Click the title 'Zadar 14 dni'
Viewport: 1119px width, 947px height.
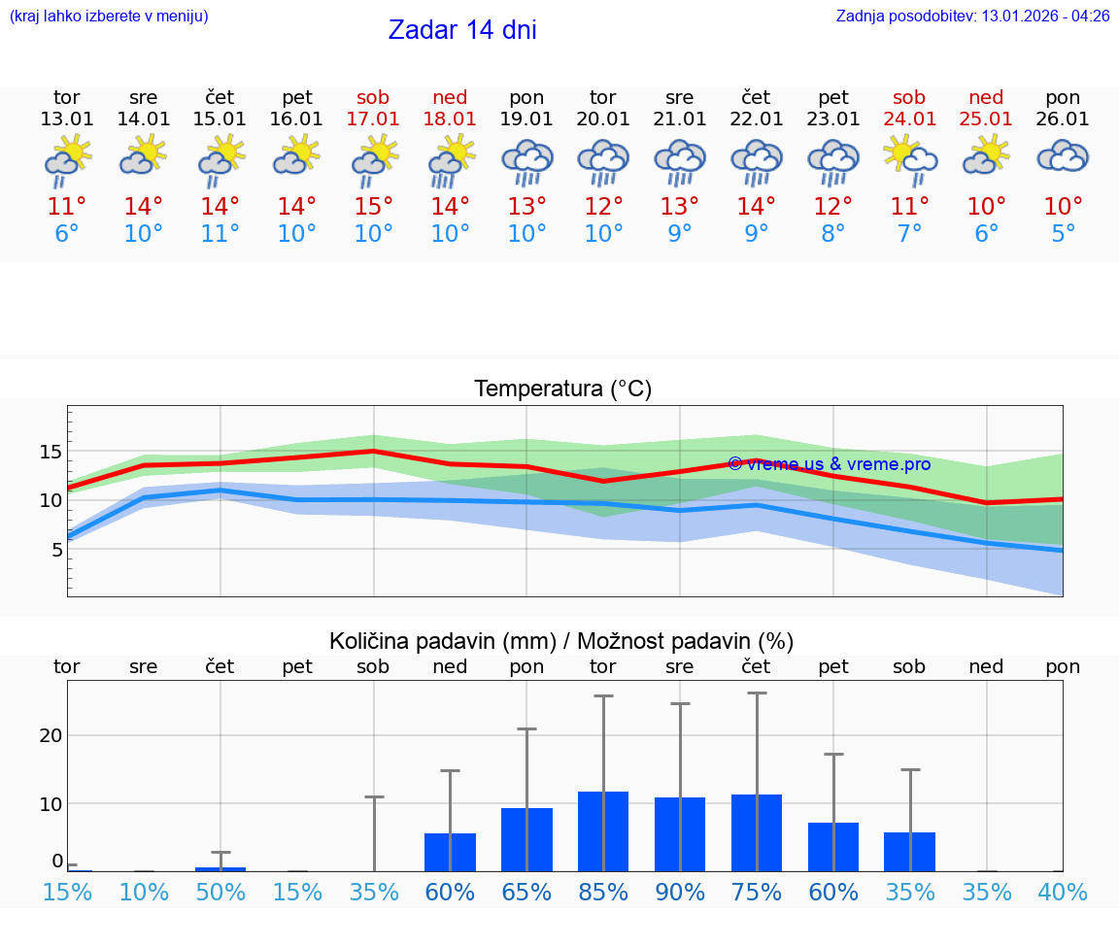click(x=462, y=30)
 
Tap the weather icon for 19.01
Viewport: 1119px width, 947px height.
click(x=526, y=161)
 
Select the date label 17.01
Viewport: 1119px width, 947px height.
click(x=373, y=119)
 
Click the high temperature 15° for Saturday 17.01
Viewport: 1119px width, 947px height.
click(x=373, y=207)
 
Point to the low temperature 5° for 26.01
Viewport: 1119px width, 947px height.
click(x=1063, y=234)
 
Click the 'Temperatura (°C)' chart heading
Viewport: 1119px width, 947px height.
click(x=562, y=389)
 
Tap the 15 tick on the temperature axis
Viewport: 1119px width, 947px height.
click(x=51, y=452)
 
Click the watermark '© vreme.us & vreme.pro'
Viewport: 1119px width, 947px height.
click(x=829, y=464)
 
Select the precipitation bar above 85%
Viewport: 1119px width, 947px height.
click(x=603, y=830)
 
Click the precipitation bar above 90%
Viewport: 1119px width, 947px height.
click(x=680, y=833)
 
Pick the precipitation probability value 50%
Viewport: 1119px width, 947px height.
click(x=220, y=893)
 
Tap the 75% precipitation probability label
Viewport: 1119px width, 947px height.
click(x=757, y=893)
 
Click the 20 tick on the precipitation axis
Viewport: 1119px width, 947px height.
click(x=51, y=735)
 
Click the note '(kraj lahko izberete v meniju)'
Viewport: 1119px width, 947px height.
click(x=109, y=17)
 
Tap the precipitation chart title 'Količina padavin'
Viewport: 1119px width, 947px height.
click(x=561, y=641)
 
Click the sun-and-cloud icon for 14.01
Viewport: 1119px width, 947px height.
click(x=144, y=155)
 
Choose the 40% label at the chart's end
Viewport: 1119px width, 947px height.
click(x=1063, y=893)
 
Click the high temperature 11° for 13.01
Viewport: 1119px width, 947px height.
click(x=67, y=207)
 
